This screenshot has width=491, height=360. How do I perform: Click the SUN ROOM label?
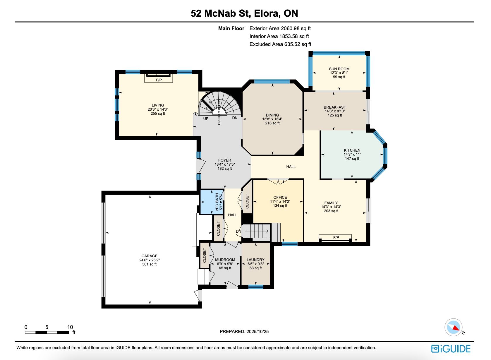pyautogui.click(x=339, y=69)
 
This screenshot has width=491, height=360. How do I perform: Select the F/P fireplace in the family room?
pyautogui.click(x=335, y=238)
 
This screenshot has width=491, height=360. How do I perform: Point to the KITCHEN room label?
pyautogui.click(x=352, y=150)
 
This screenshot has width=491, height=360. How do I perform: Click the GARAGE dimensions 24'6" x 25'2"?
pyautogui.click(x=150, y=260)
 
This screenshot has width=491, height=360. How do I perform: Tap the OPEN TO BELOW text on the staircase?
pyautogui.click(x=219, y=112)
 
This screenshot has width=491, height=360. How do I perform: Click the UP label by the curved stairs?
pyautogui.click(x=206, y=119)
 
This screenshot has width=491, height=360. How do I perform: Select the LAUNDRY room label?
pyautogui.click(x=255, y=260)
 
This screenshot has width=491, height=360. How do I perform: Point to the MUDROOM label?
pyautogui.click(x=225, y=260)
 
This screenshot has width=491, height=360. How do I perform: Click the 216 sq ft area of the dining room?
pyautogui.click(x=272, y=123)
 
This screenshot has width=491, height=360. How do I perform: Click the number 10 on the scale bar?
pyautogui.click(x=70, y=327)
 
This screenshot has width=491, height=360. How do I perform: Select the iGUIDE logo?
pyautogui.click(x=451, y=349)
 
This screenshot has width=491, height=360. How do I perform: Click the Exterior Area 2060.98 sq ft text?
pyautogui.click(x=280, y=28)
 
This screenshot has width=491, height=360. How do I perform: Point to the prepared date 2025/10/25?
pyautogui.click(x=257, y=332)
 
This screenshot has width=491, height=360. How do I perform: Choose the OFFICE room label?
pyautogui.click(x=280, y=197)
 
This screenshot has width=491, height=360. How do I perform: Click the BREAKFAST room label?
pyautogui.click(x=335, y=107)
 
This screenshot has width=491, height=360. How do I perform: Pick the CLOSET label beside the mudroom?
pyautogui.click(x=205, y=256)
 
